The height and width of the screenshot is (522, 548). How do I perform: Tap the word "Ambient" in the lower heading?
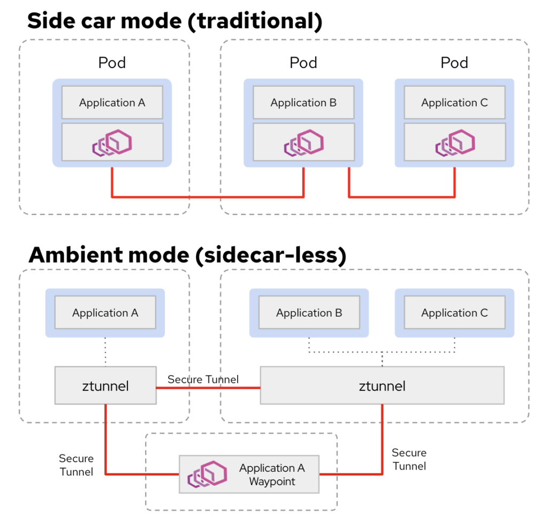pyautogui.click(x=75, y=255)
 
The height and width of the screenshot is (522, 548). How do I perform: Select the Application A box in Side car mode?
pyautogui.click(x=112, y=103)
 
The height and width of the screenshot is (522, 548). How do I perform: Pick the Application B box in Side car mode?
pyautogui.click(x=303, y=103)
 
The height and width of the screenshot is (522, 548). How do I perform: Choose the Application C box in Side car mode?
pyautogui.click(x=454, y=103)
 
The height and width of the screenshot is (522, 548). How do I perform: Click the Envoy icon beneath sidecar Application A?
pyautogui.click(x=112, y=142)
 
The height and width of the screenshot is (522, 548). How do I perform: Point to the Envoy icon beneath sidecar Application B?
pyautogui.click(x=303, y=142)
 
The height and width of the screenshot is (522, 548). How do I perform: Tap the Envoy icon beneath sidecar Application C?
pyautogui.click(x=454, y=142)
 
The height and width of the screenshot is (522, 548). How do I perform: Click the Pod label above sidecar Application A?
pyautogui.click(x=112, y=63)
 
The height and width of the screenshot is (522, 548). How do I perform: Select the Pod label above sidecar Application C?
pyautogui.click(x=454, y=63)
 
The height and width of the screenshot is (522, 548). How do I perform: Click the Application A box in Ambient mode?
pyautogui.click(x=105, y=313)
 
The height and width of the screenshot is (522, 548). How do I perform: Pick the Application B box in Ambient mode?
pyautogui.click(x=309, y=313)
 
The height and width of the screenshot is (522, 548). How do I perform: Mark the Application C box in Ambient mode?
pyautogui.click(x=454, y=313)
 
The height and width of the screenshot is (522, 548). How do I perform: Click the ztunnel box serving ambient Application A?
pyautogui.click(x=105, y=385)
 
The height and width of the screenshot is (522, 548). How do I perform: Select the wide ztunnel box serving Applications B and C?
pyautogui.click(x=382, y=385)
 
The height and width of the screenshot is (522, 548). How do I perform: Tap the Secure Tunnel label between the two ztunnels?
pyautogui.click(x=203, y=379)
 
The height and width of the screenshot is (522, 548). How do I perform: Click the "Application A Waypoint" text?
pyautogui.click(x=272, y=474)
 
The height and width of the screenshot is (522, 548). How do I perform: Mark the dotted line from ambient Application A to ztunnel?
pyautogui.click(x=105, y=351)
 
